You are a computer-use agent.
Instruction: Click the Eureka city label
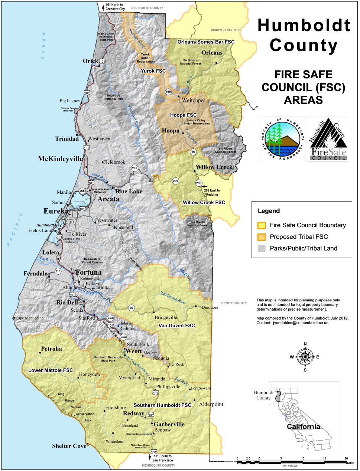(x=56, y=211)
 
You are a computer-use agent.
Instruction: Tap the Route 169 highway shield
(x=168, y=92)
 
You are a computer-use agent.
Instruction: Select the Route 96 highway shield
(x=193, y=152)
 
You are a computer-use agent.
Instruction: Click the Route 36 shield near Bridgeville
(x=131, y=308)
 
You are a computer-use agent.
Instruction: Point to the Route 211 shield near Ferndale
(x=58, y=271)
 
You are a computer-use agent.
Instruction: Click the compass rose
(x=305, y=357)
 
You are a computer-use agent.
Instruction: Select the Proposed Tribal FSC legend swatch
(x=262, y=237)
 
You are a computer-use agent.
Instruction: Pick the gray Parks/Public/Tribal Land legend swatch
(x=262, y=248)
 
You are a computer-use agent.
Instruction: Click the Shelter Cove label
(x=69, y=446)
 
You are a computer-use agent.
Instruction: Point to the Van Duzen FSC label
(x=176, y=326)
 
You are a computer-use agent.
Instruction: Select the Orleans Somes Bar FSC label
(x=206, y=42)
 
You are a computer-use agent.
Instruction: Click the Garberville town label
(x=169, y=424)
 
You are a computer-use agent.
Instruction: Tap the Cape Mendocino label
(x=29, y=318)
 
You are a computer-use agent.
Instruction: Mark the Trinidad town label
(x=67, y=139)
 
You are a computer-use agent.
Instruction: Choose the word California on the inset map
(x=303, y=426)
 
